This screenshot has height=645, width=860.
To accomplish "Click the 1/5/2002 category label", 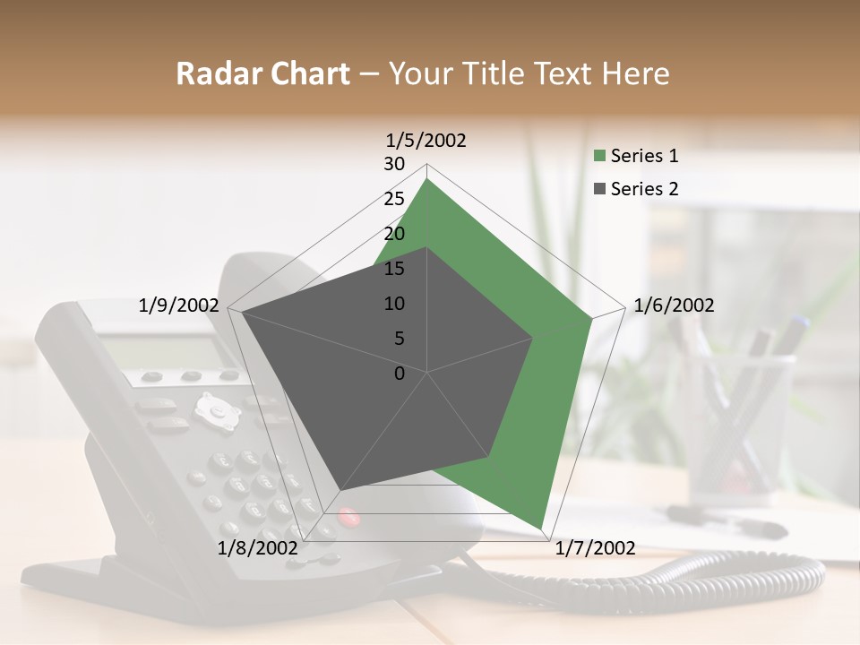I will point(426,140).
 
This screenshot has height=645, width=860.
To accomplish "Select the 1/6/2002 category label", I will point(674,305).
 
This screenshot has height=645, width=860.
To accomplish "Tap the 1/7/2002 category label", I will point(595,548).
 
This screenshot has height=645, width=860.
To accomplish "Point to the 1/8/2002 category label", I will point(257,548).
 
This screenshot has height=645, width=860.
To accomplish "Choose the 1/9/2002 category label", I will point(178,305).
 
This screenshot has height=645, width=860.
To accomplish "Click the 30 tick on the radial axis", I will point(394,164).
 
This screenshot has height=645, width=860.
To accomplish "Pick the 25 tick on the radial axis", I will point(394,199).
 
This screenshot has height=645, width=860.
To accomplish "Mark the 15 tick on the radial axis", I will point(394,269).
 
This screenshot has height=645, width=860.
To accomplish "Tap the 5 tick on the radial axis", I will point(399,339).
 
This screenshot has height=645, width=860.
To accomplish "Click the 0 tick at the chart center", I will point(400,374).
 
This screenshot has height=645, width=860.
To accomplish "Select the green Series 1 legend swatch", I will point(600,156).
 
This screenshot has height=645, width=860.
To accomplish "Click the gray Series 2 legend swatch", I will point(600,189).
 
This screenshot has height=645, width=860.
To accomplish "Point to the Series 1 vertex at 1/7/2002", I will point(541,528).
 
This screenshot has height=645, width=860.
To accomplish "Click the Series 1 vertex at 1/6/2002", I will point(592,317).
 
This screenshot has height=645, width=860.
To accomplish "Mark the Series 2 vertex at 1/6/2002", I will point(533,337).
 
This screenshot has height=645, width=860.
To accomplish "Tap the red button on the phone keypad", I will point(348,517).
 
